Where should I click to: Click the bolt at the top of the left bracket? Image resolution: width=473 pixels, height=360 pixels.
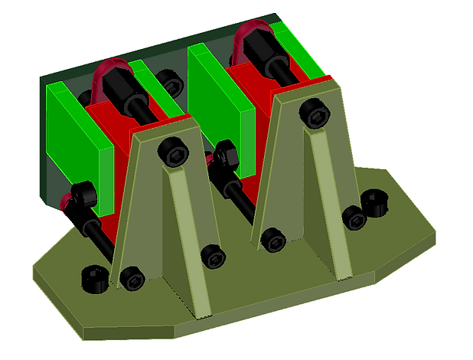tap(174, 153)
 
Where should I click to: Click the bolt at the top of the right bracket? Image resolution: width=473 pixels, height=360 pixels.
tap(315, 114)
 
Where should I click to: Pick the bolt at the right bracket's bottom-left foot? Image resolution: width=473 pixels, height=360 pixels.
tap(272, 240)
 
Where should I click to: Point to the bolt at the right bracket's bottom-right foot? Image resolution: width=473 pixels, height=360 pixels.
tap(353, 218)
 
